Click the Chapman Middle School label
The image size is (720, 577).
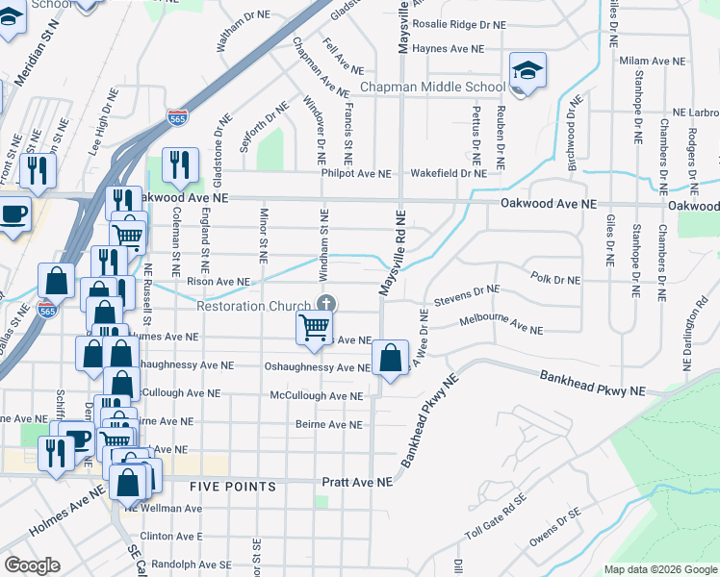coord(432,88)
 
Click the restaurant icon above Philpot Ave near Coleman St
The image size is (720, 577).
coord(180,165)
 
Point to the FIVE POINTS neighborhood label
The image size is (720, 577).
coord(232,487)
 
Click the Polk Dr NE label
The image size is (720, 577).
coord(555,279)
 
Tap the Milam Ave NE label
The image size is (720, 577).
coord(653,61)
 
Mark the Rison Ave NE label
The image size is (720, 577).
coord(219,282)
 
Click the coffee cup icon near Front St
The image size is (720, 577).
coord(13,213)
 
